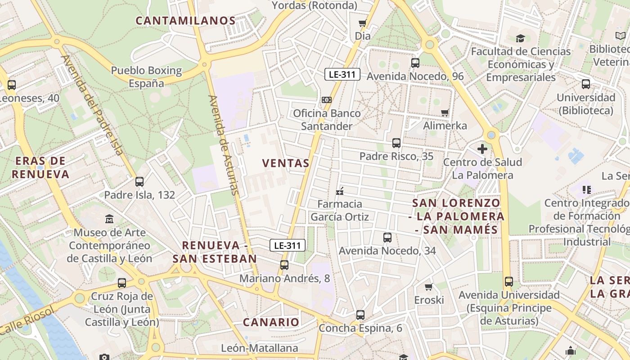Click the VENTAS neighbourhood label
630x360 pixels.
286,163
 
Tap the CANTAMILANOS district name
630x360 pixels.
185,21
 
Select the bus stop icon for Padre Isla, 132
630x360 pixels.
139,182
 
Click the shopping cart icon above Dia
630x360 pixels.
363,23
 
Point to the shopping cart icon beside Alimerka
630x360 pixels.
445,112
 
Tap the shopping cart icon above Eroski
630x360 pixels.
429,287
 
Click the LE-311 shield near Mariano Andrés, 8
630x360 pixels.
288,245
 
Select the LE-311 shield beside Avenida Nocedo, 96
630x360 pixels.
342,74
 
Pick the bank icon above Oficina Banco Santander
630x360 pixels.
327,99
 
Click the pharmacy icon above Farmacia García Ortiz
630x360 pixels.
340,191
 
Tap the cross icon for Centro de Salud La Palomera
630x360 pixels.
482,149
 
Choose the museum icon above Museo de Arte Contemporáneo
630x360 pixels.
109,219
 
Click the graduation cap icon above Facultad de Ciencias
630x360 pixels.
521,38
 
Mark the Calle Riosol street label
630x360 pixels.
27,320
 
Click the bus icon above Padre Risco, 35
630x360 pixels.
396,143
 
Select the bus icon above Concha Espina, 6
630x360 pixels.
360,315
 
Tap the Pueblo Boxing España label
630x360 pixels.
147,77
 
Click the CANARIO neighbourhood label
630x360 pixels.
271,322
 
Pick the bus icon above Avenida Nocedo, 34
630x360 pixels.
387,238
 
